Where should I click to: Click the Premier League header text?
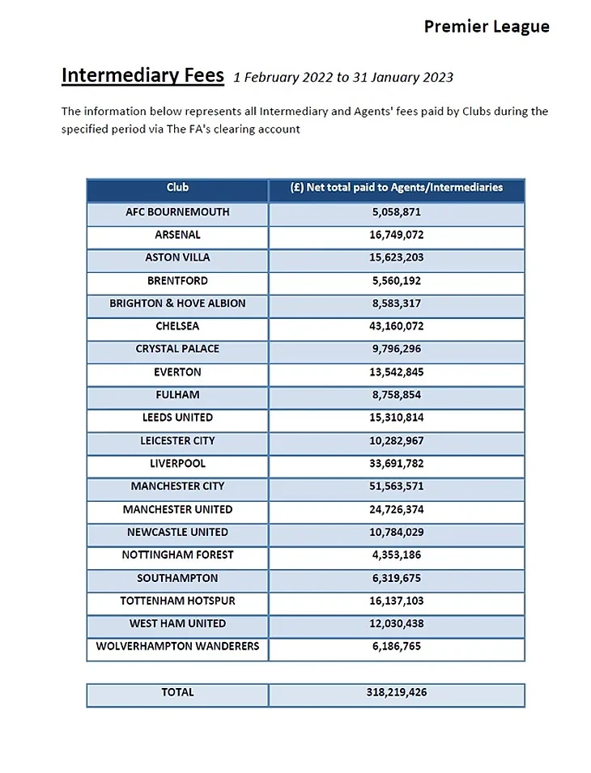point(487,27)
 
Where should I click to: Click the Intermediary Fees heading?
point(142,75)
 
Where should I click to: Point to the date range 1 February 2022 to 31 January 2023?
point(343,78)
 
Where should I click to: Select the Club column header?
point(177,188)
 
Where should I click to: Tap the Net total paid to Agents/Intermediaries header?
point(397,188)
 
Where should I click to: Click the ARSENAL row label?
point(177,235)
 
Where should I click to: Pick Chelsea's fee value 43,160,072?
point(397,326)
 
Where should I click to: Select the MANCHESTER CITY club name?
point(177,486)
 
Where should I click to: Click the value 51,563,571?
point(397,486)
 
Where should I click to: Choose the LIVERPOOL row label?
point(177,464)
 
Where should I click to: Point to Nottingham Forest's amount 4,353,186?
point(397,555)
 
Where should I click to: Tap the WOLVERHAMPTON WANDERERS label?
point(177,647)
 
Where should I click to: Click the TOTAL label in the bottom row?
point(177,693)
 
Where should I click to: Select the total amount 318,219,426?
point(397,693)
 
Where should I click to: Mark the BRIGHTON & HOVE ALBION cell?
point(177,304)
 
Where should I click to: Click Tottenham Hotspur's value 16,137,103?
point(397,601)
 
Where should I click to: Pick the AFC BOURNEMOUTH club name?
point(177,212)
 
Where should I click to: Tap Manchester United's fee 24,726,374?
point(397,510)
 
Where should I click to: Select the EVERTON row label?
point(177,372)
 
